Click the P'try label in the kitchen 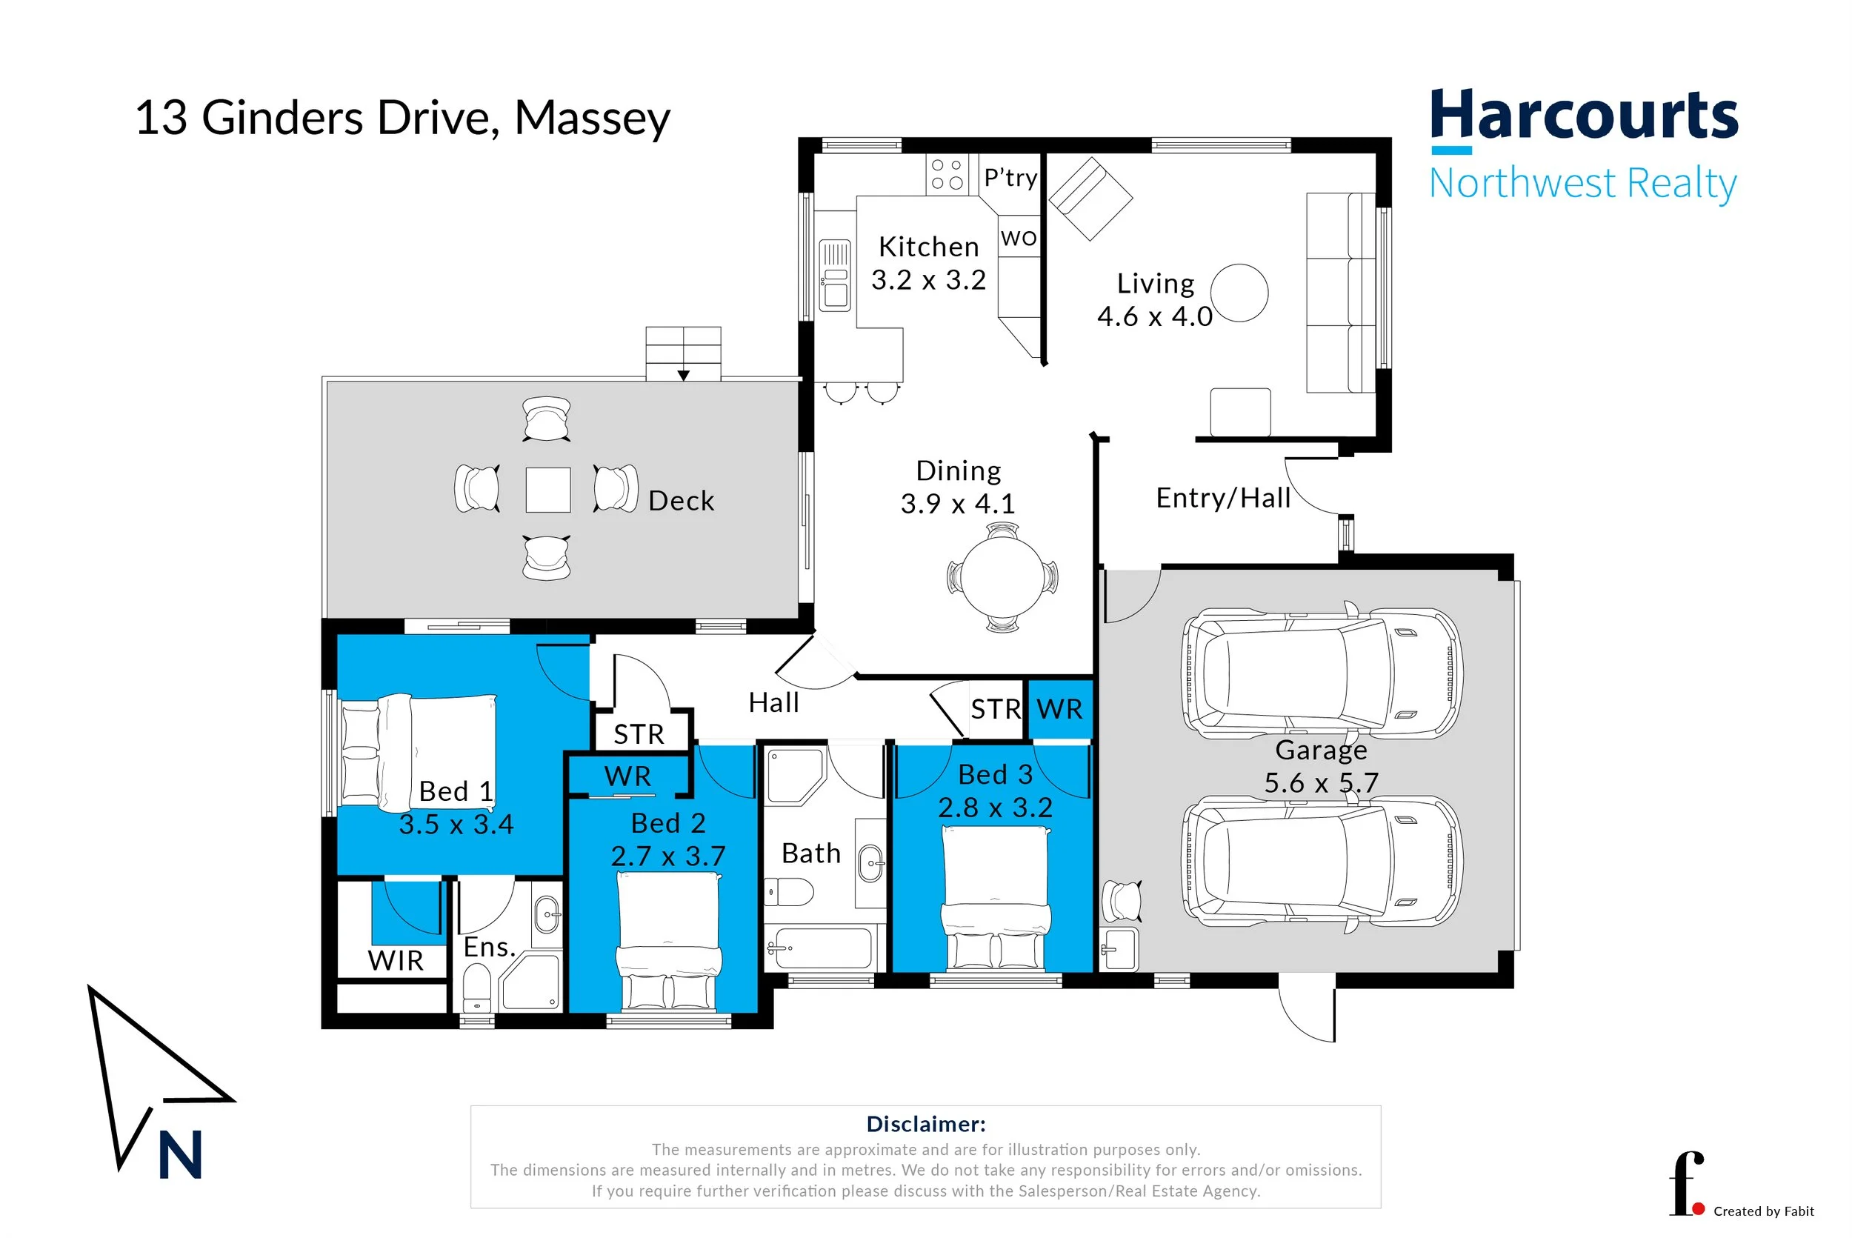[1010, 178]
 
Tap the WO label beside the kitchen [1019, 238]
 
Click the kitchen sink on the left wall [834, 275]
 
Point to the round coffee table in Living [1239, 293]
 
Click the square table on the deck [548, 490]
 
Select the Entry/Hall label [1223, 498]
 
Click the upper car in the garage [1321, 673]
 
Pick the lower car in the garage [1321, 861]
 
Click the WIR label [396, 961]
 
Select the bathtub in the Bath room [821, 947]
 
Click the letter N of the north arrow [181, 1155]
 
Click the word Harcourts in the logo [1584, 116]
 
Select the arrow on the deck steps [684, 376]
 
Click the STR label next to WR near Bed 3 [996, 709]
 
